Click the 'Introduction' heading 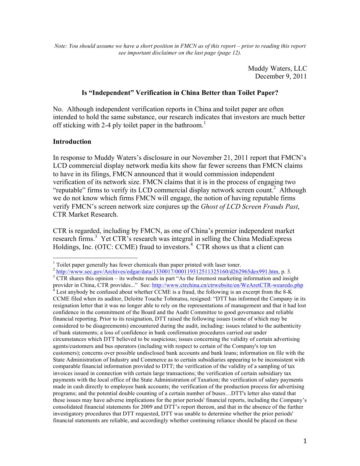click(72, 141)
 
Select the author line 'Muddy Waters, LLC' click(277, 68)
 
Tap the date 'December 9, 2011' click(281, 76)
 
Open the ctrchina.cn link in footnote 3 click(227, 285)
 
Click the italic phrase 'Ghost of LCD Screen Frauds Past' click(249, 206)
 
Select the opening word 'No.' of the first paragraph click(58, 109)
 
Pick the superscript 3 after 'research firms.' click(96, 236)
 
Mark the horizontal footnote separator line click(95, 258)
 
